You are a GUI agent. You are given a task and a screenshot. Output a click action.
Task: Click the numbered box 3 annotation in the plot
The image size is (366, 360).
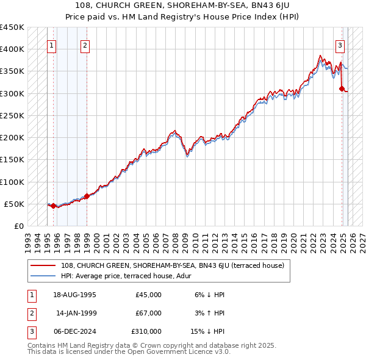pyautogui.click(x=340, y=45)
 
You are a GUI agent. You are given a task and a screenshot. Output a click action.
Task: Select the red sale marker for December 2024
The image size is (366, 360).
pyautogui.click(x=342, y=89)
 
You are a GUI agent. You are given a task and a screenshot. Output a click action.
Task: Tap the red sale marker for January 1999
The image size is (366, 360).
pyautogui.click(x=87, y=196)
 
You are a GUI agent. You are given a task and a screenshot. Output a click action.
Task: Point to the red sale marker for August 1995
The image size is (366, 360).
pyautogui.click(x=53, y=206)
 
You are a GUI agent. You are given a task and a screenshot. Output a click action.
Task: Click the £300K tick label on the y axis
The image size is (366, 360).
pyautogui.click(x=12, y=93)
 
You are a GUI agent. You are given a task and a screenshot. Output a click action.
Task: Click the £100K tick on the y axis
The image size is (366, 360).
pyautogui.click(x=12, y=182)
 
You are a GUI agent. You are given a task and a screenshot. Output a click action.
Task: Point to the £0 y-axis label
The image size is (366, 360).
pyautogui.click(x=18, y=226)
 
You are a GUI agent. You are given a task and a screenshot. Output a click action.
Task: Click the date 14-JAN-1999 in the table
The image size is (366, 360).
pyautogui.click(x=76, y=313)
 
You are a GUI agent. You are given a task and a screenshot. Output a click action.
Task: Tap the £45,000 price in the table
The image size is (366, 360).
pyautogui.click(x=149, y=295)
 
